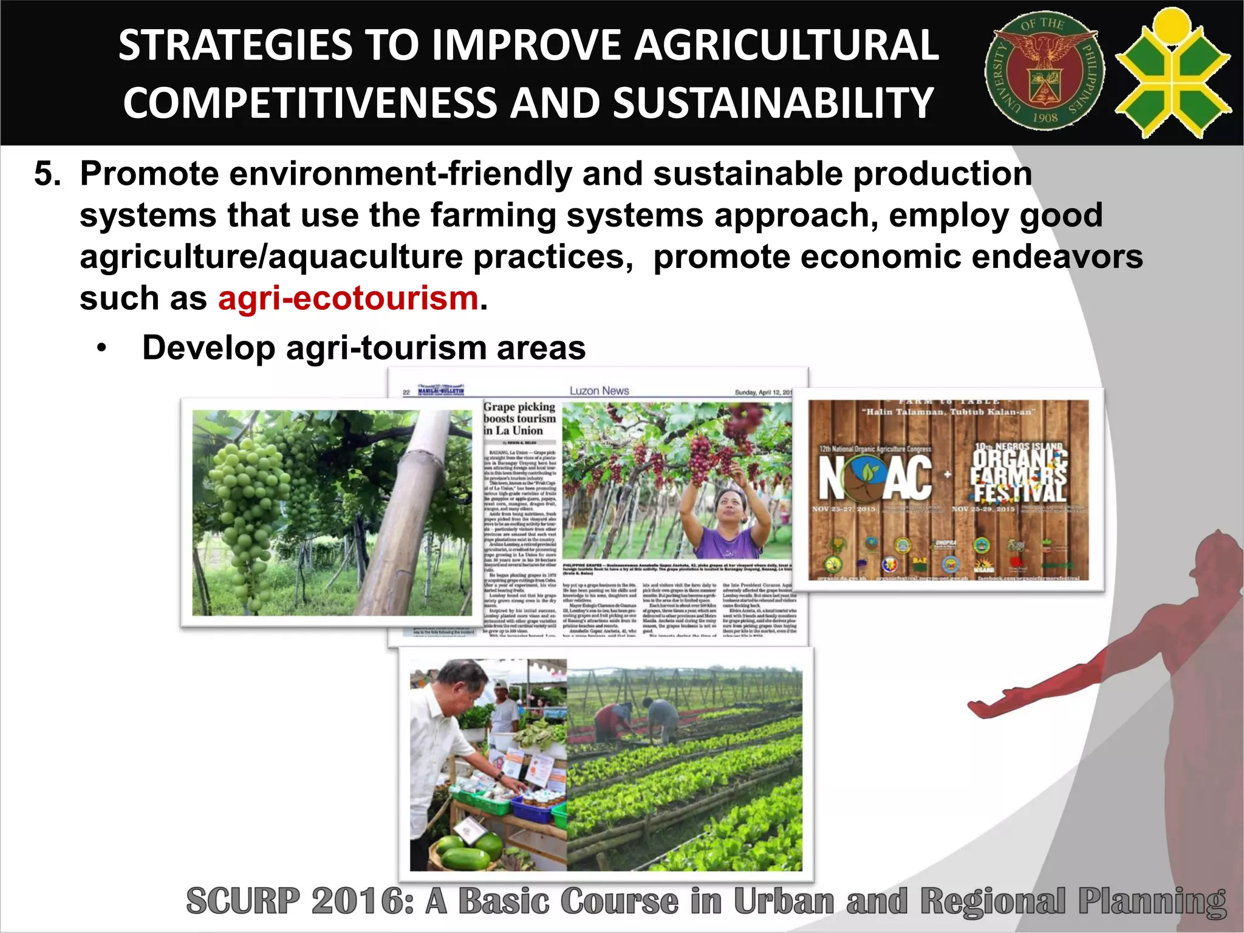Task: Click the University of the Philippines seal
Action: click(x=1044, y=72)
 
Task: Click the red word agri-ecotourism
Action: click(x=348, y=298)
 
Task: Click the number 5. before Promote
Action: click(x=47, y=174)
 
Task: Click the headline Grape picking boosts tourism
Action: click(x=519, y=419)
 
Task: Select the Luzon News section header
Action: click(x=599, y=391)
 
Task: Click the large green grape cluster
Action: click(x=249, y=498)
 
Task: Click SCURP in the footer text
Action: click(x=243, y=901)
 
